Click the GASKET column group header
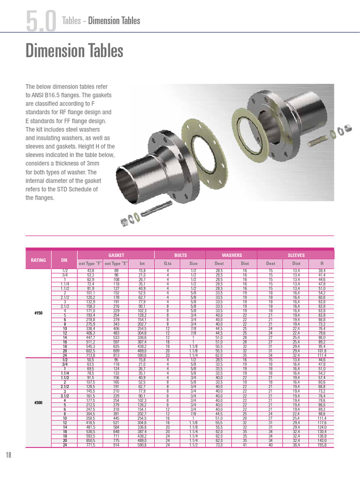click(116, 255)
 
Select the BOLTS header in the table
click(180, 255)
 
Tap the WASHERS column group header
click(232, 255)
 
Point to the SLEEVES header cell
click(296, 255)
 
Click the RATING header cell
click(38, 260)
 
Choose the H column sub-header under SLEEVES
click(322, 263)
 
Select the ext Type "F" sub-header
click(90, 263)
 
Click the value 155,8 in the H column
click(322, 445)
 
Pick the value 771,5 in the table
click(90, 445)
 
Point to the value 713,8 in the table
click(90, 356)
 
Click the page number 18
click(9, 455)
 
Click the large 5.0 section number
click(41, 22)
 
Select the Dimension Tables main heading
click(74, 51)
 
